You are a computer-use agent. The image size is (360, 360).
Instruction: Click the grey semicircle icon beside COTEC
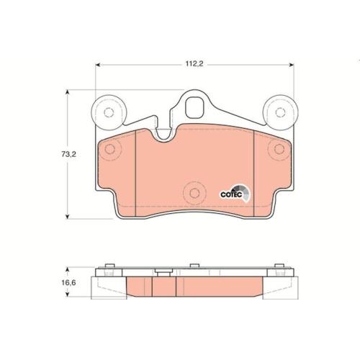(x=245, y=192)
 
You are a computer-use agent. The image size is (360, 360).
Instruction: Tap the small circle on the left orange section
(x=110, y=149)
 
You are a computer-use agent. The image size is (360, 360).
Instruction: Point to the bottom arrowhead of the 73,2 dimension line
(x=68, y=216)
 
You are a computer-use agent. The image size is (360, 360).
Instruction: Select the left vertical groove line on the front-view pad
(x=137, y=170)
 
